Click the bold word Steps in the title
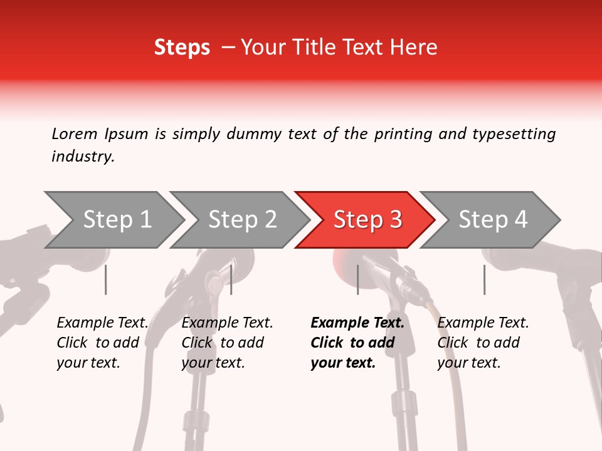click(x=182, y=48)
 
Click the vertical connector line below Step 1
click(x=106, y=279)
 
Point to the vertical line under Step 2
click(x=231, y=279)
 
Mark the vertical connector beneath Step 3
click(x=357, y=279)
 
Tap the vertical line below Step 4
click(x=484, y=279)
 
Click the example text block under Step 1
click(x=102, y=343)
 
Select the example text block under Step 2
click(x=227, y=343)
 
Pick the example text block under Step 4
click(x=483, y=343)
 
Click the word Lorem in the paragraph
click(x=75, y=134)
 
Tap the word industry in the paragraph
click(x=82, y=157)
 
